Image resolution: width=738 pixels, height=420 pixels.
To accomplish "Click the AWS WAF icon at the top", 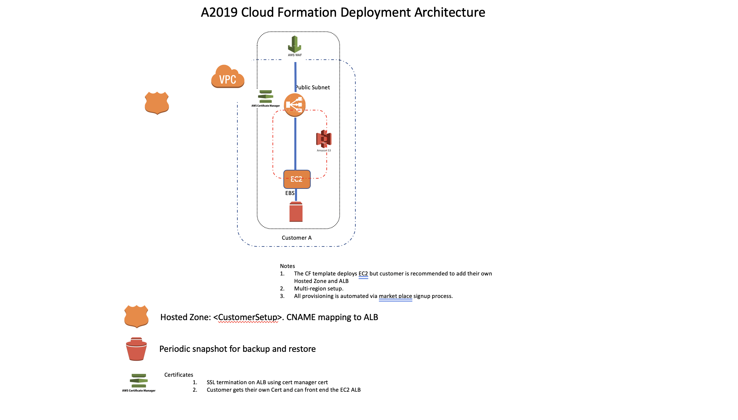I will [295, 45].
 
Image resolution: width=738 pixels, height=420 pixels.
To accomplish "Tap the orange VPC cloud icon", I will [227, 77].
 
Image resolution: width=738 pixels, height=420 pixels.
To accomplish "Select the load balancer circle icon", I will [295, 105].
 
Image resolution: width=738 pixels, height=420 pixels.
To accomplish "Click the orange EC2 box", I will [297, 179].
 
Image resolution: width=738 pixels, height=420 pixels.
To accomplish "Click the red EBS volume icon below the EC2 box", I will [296, 212].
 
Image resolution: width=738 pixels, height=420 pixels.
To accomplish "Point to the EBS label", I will [290, 193].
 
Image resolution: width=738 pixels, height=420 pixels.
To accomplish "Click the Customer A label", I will [296, 238].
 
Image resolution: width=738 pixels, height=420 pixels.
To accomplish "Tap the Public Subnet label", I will [313, 88].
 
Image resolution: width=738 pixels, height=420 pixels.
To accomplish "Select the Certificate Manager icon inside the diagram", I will [265, 97].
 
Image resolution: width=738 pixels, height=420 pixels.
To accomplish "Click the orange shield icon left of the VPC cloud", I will [157, 103].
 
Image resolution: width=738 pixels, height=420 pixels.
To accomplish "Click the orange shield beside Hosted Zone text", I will [136, 316].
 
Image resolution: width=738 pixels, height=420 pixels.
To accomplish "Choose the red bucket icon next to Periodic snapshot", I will [136, 349].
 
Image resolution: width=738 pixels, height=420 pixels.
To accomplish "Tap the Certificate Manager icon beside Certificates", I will [138, 381].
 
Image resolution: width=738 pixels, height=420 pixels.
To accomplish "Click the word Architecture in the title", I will [449, 13].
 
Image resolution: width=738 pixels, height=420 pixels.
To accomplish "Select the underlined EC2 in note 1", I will [363, 274].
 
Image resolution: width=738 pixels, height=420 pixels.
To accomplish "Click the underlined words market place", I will [395, 296].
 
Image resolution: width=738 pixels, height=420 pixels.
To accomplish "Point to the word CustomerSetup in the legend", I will [248, 317].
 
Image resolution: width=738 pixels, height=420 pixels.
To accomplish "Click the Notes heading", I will [287, 266].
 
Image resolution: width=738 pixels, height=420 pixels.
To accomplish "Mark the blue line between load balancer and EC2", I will [295, 143].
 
